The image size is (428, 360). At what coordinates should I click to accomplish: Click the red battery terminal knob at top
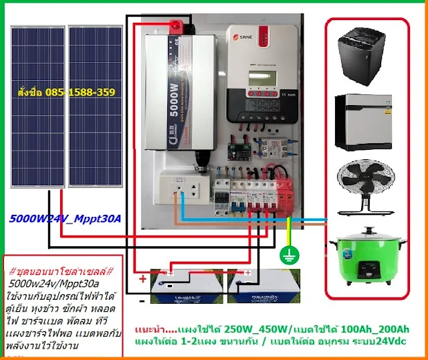click(176, 27)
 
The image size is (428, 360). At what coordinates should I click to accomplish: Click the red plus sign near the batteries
click(142, 279)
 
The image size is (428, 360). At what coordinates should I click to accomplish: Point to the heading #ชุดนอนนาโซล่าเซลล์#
click(63, 272)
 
